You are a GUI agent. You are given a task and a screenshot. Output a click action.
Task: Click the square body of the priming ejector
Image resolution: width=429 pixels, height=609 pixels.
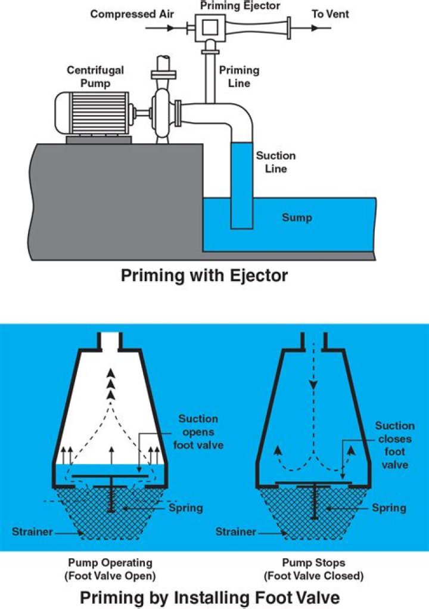(x=210, y=26)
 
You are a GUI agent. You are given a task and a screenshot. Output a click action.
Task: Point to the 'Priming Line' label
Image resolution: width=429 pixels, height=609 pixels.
(x=239, y=76)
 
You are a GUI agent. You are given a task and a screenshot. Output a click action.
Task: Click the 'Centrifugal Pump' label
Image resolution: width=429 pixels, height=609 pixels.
(x=95, y=76)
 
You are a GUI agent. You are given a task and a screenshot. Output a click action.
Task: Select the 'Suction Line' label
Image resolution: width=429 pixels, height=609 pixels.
(x=276, y=162)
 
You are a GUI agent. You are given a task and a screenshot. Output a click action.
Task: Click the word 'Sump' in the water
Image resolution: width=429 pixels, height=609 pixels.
(x=297, y=218)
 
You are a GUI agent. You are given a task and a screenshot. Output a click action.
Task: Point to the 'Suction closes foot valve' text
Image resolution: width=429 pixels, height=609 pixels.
(x=394, y=445)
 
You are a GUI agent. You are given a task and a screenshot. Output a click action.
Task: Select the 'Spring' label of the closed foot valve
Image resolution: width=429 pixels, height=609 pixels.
(x=389, y=508)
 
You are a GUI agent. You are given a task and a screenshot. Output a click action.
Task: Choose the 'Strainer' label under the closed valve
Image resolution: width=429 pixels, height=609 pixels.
(x=236, y=531)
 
